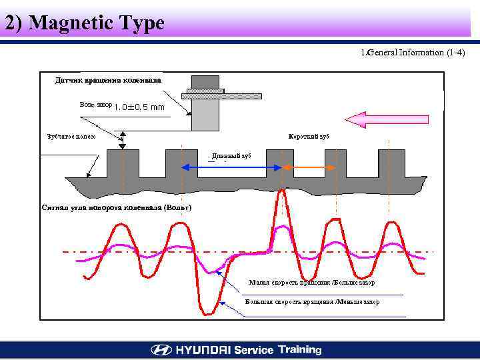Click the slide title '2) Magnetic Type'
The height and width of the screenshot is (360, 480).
[x=85, y=23]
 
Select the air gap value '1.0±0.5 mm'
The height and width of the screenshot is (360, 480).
[x=139, y=107]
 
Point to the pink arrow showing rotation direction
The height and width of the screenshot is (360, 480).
[x=387, y=119]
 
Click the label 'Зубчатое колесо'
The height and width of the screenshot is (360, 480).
[x=71, y=136]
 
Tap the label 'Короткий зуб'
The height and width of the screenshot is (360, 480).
[x=309, y=136]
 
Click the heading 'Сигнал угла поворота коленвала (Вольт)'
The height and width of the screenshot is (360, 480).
[x=117, y=207]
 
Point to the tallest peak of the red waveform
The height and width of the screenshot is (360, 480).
[x=283, y=192]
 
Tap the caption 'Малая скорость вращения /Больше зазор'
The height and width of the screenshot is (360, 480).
[x=311, y=283]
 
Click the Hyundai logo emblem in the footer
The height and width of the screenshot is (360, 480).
[x=161, y=350]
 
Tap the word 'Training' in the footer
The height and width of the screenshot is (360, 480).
[x=300, y=349]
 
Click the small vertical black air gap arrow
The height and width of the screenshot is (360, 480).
[x=123, y=140]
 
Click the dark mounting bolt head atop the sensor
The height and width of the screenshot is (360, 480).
[x=205, y=81]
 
